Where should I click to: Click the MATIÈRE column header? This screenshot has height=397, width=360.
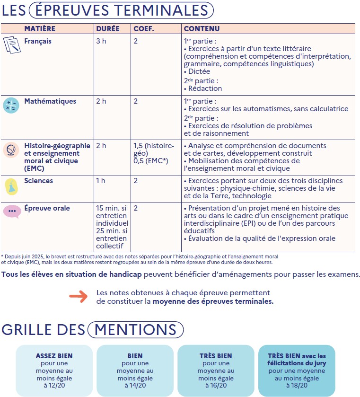click(x=40, y=29)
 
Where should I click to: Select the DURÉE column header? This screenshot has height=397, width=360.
click(x=107, y=29)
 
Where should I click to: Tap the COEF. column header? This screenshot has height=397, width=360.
click(x=144, y=29)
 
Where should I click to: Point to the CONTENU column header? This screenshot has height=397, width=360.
click(x=202, y=29)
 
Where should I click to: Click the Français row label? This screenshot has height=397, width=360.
click(x=38, y=41)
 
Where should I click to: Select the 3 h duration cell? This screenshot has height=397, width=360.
click(x=101, y=41)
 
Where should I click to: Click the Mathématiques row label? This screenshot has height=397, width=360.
click(x=50, y=101)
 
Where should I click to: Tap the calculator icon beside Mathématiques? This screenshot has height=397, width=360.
click(x=11, y=106)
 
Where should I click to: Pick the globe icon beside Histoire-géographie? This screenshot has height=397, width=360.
click(x=11, y=150)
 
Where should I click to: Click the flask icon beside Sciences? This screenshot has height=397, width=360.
click(x=11, y=186)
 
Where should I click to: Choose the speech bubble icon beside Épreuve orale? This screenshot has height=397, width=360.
click(x=11, y=211)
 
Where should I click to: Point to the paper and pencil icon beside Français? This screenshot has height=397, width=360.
click(x=11, y=45)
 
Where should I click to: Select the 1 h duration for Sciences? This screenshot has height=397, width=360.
click(x=101, y=181)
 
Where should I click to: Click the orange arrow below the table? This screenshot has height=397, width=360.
click(x=78, y=297)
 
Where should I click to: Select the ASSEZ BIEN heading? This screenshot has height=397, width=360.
click(x=54, y=356)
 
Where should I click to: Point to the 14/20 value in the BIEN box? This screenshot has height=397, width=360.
click(x=135, y=386)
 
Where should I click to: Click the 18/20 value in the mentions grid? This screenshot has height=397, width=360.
click(x=297, y=386)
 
